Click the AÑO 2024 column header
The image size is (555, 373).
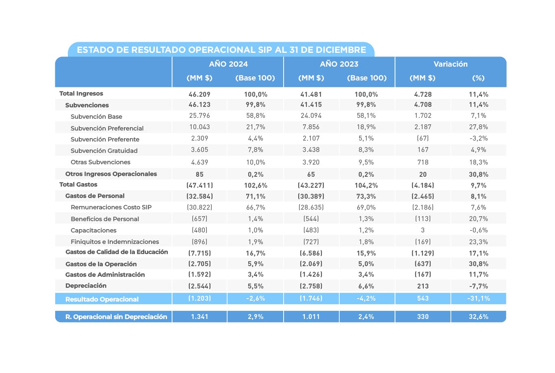pos(228,64)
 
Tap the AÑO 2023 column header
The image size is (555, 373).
pos(339,64)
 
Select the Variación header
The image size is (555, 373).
pos(451,64)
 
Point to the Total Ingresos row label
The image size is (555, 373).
pos(81,93)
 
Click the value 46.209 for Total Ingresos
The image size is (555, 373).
pos(199,94)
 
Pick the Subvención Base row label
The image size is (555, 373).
pos(96,117)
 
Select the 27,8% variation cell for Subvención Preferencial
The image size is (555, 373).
pos(478,127)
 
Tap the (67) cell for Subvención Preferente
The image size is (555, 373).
pos(423,138)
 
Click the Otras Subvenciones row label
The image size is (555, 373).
pos(100,162)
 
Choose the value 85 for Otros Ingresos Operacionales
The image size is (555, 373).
pos(199,174)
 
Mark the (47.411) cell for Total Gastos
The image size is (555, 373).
pos(199,185)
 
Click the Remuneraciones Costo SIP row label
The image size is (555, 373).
pos(111,207)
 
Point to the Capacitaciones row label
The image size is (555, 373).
pos(93,230)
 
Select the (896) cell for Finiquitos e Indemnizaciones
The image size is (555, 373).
pos(199,242)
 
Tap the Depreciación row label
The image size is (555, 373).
pos(86,286)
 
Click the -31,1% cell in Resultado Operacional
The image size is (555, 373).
pos(478,298)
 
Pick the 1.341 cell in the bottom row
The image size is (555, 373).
pos(199,317)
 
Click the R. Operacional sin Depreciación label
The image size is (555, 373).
pos(116,317)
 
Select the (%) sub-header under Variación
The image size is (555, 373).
pos(478,78)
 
